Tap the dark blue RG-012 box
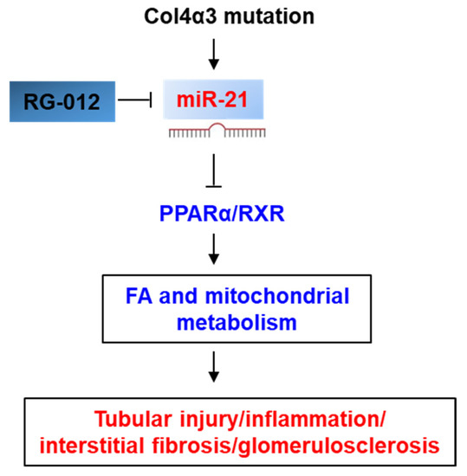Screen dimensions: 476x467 click(x=65, y=100)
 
